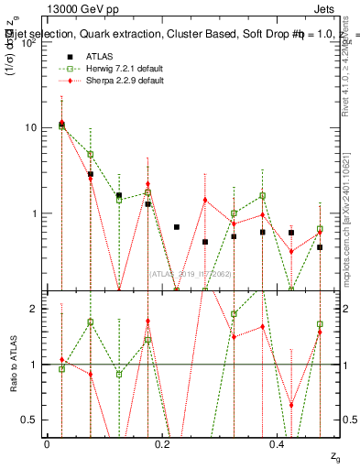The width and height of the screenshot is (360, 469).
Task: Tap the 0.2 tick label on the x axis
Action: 161,444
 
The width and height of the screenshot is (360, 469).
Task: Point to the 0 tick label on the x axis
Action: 47,444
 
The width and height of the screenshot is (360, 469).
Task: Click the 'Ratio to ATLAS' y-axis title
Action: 12,364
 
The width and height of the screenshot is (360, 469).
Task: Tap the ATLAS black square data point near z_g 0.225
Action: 177,227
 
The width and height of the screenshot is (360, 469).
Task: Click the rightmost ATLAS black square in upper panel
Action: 320,247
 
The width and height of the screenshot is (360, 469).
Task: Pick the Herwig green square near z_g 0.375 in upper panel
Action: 262,195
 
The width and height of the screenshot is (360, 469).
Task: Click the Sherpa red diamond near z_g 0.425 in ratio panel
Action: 291,405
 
